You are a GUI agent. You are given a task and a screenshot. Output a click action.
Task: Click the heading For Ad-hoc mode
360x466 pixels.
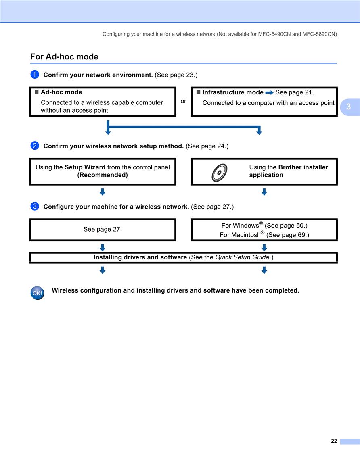64,56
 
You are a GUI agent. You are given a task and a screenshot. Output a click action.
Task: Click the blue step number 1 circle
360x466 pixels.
35,74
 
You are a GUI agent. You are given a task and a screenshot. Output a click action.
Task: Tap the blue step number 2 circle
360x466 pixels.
35,146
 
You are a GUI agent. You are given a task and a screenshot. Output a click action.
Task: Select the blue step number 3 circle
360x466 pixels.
35,206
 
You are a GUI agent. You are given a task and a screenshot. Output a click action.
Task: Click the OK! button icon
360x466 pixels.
38,293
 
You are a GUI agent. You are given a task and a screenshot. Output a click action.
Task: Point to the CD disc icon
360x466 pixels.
220,172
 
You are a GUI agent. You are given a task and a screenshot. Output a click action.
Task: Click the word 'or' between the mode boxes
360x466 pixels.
183,101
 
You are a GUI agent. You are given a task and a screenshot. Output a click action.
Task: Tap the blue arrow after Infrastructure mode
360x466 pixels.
269,93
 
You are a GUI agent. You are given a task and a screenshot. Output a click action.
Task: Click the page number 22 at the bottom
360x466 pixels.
334,441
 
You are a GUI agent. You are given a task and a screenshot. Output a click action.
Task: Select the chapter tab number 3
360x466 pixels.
348,107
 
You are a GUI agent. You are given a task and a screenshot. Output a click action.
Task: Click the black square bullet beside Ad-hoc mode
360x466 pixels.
37,92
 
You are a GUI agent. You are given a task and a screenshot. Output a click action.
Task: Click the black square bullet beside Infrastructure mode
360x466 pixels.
198,92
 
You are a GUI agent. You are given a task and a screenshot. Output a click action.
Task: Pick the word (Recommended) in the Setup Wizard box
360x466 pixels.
103,175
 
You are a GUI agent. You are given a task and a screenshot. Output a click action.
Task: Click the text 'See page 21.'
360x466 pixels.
295,92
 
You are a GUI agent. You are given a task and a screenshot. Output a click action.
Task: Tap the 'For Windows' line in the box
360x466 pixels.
264,225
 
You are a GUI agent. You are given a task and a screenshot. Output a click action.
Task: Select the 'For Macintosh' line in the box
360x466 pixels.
264,234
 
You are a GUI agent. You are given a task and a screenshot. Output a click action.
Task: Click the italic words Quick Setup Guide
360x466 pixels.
242,257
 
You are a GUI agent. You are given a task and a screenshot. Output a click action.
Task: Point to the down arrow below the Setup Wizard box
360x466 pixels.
103,192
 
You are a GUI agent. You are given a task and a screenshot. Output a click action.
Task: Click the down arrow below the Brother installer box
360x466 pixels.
264,192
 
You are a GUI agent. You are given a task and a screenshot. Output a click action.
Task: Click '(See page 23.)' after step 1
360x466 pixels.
176,75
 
